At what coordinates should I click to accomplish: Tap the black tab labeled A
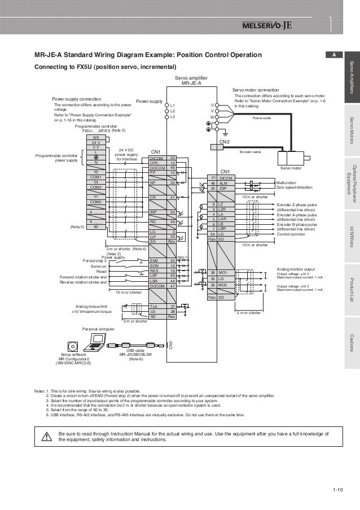click(334, 55)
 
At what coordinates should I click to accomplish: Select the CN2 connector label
click(223, 141)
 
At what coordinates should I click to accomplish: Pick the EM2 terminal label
click(153, 261)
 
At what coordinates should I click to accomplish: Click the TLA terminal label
click(153, 306)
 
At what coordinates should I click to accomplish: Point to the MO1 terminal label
click(222, 273)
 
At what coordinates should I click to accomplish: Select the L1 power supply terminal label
click(173, 106)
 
